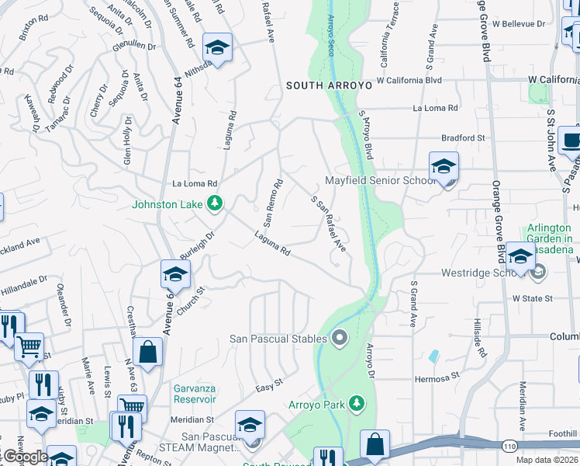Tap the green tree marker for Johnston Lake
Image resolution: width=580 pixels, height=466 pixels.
click(215, 205)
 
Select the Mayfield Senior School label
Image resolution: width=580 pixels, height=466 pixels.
click(380, 180)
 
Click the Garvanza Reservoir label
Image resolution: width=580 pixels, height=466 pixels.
click(183, 393)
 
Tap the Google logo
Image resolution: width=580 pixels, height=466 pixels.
click(25, 457)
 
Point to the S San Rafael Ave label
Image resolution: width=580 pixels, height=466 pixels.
click(328, 223)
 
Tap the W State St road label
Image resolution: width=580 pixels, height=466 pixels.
click(532, 298)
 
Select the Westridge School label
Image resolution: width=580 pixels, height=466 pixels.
click(478, 273)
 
